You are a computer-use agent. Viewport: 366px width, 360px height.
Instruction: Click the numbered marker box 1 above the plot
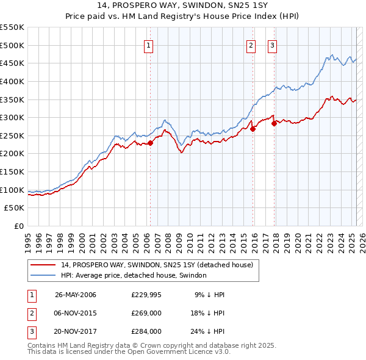149,44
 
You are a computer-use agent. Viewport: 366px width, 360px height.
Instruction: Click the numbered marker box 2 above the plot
251,44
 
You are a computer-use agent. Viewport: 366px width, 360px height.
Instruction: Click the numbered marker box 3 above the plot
272,44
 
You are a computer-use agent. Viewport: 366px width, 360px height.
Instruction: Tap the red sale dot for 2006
150,143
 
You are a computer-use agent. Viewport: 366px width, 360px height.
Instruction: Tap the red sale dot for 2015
253,129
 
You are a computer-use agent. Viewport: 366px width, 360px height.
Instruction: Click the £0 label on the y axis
18,226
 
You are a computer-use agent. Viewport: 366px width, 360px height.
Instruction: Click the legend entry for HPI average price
133,276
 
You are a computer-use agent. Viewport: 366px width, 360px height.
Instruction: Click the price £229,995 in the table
146,295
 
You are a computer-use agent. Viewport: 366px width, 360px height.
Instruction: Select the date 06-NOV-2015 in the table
76,313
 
